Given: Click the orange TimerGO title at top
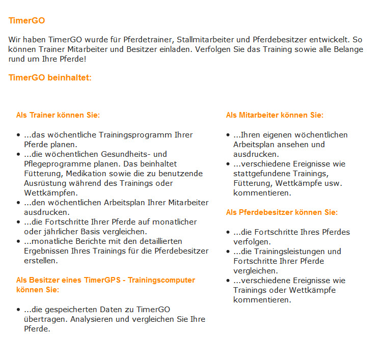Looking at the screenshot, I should [26, 21].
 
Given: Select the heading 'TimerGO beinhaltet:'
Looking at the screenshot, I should [50, 78].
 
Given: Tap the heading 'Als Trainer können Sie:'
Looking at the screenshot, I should [58, 115].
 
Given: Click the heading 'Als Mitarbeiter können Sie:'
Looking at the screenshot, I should [275, 115].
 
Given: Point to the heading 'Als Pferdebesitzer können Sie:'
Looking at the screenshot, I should [282, 212].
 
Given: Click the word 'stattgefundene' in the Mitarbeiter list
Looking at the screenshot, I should [260, 174].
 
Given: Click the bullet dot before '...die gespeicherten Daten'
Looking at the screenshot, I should [19, 310].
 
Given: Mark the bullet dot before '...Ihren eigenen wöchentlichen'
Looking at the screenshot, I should [228, 135].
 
